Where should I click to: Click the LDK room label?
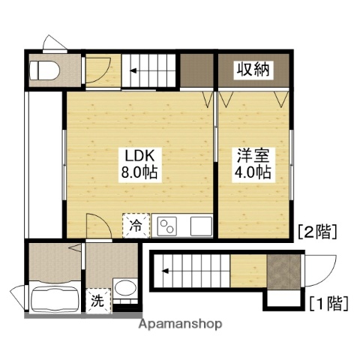(x=139, y=156)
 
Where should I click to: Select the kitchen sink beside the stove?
(x=200, y=224)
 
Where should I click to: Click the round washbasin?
(x=124, y=290)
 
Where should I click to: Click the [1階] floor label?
(x=328, y=304)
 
